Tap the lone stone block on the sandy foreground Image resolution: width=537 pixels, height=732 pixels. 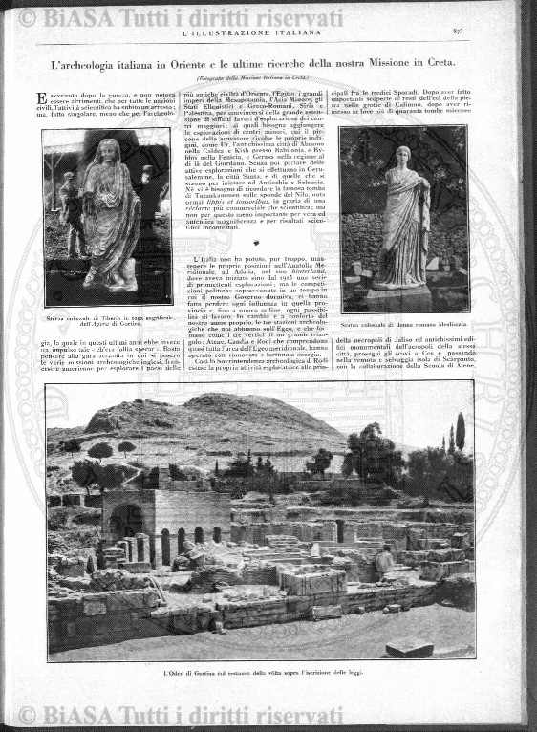(409, 647)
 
